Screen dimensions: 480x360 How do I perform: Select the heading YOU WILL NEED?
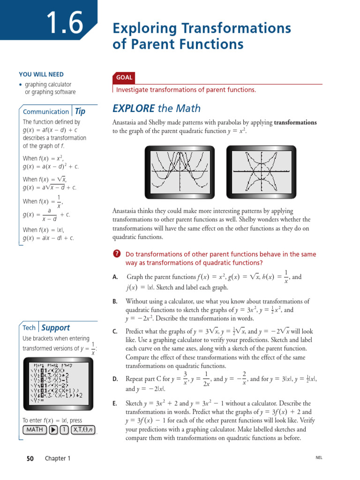[x=41, y=75]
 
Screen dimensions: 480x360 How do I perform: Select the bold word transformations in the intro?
[x=295, y=123]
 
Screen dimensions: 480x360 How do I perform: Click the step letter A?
[x=115, y=277]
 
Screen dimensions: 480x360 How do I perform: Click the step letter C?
[x=115, y=331]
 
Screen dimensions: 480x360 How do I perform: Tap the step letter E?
[x=115, y=404]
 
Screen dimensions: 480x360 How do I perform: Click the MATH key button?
[x=34, y=430]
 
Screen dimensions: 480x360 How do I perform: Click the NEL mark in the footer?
[x=319, y=458]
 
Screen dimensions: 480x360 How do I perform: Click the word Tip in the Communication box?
[x=80, y=112]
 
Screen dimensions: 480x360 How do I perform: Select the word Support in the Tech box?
[x=55, y=328]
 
